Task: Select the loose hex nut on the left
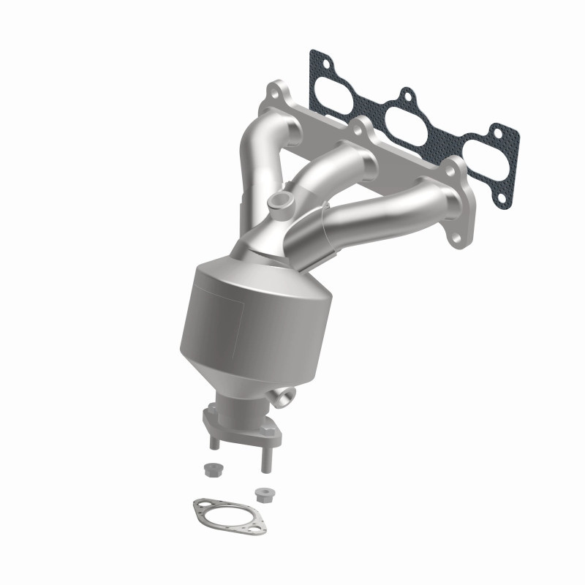pos(212,467)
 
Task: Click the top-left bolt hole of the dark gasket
pos(316,56)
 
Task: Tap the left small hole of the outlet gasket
pos(198,504)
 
